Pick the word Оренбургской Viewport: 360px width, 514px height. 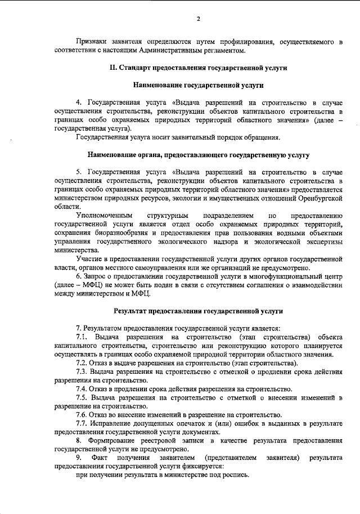click(318, 198)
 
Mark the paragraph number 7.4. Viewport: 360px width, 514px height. click(82, 389)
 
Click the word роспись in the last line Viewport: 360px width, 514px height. click(234, 476)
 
